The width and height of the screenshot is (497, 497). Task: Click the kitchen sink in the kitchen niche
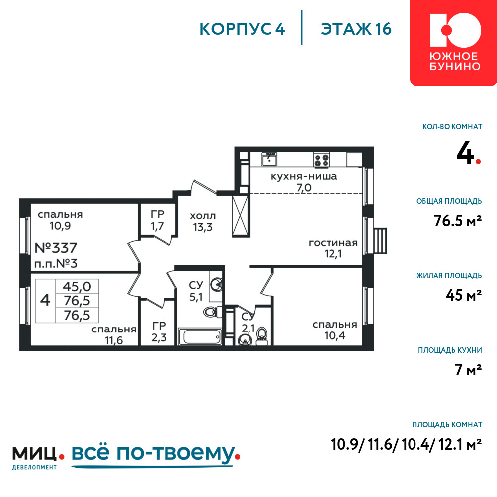point(269,159)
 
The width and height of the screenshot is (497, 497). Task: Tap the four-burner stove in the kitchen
point(322,160)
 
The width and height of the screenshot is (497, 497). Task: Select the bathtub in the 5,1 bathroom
point(200,336)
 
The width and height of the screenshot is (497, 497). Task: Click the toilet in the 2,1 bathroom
point(262,336)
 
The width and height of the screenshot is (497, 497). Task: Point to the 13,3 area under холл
point(203,227)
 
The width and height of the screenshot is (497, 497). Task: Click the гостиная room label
point(333,243)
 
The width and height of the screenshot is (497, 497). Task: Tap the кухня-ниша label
point(304,176)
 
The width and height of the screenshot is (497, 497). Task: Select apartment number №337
point(56,248)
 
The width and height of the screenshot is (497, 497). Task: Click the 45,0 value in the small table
point(77,287)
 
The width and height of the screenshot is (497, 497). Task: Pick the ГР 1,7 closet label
point(157,220)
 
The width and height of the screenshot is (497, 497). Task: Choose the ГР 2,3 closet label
point(159,332)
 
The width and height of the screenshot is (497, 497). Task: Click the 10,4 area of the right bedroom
point(334,335)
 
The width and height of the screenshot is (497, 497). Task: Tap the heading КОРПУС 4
point(242,29)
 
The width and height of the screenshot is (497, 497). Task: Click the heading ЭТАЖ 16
point(356,29)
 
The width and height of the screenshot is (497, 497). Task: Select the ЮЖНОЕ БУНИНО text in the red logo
point(455,61)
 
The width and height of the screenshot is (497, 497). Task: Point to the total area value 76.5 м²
point(458,220)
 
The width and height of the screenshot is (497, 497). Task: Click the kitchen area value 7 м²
point(468,370)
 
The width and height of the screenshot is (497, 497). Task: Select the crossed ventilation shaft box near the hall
point(240,216)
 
